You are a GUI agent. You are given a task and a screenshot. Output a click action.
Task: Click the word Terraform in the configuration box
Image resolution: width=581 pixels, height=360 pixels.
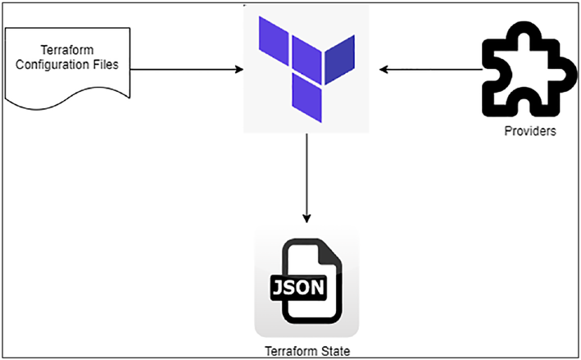click(67, 50)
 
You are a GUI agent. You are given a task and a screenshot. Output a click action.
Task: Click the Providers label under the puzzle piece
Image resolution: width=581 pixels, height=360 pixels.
click(530, 131)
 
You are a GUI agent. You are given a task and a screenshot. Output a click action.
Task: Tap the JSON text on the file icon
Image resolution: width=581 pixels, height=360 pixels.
click(298, 287)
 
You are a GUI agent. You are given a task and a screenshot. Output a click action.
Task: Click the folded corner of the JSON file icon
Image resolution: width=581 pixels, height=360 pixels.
click(329, 252)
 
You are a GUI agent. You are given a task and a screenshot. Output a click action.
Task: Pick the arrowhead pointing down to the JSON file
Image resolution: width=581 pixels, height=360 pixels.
click(306, 218)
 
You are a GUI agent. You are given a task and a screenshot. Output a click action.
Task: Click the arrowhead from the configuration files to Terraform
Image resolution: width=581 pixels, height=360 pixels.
click(239, 69)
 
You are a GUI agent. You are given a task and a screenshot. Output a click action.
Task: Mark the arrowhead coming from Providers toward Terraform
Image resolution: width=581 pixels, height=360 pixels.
click(384, 70)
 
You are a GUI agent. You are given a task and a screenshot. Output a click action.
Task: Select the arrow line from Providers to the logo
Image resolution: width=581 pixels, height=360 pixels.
click(430, 70)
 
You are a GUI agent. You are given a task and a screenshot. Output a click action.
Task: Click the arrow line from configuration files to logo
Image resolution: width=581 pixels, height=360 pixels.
click(187, 69)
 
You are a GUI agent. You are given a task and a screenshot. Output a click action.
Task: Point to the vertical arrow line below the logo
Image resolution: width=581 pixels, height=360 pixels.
click(306, 178)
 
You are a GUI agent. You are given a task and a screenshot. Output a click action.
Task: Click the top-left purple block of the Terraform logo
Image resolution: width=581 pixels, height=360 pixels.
click(274, 41)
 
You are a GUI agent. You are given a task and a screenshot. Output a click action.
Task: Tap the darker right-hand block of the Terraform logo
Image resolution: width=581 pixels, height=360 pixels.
click(340, 59)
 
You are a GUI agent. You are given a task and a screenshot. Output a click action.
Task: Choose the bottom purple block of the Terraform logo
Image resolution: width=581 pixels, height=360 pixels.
click(306, 98)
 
